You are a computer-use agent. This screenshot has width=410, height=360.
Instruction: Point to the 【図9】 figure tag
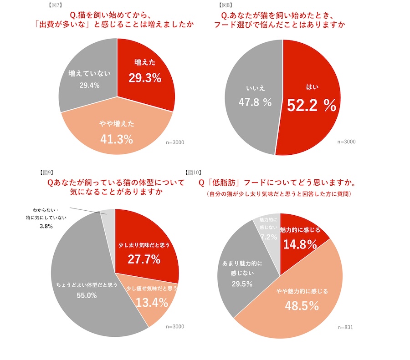click(45, 172)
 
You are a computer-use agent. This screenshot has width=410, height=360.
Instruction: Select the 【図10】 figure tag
click(193, 172)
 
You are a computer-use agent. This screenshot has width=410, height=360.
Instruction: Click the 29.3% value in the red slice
click(145, 78)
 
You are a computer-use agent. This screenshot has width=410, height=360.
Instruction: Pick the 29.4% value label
click(89, 85)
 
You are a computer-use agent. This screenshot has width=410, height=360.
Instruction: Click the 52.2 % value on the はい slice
click(311, 106)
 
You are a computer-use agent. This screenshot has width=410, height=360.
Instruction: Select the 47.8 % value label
click(255, 102)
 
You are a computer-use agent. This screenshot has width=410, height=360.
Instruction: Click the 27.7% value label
click(144, 259)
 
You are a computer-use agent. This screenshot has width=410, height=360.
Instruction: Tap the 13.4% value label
click(152, 302)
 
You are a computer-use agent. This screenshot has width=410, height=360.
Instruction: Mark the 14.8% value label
click(300, 244)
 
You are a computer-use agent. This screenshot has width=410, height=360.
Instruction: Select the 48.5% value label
click(302, 306)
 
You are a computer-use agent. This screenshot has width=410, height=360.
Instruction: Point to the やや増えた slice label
click(117, 123)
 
